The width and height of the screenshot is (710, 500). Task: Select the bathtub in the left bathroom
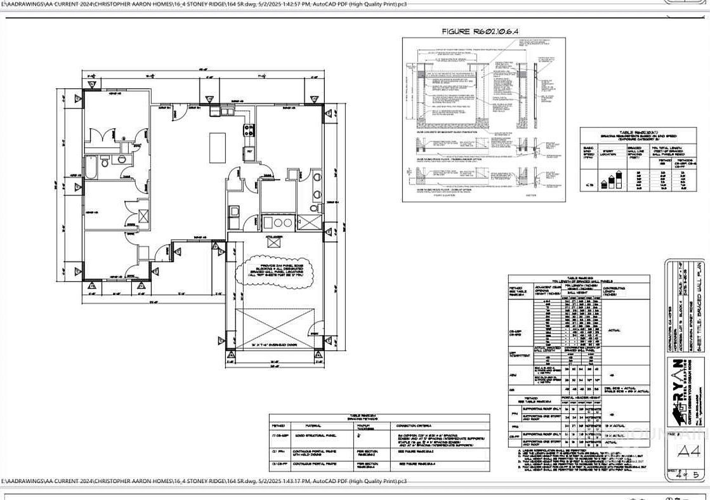[x=92, y=168]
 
